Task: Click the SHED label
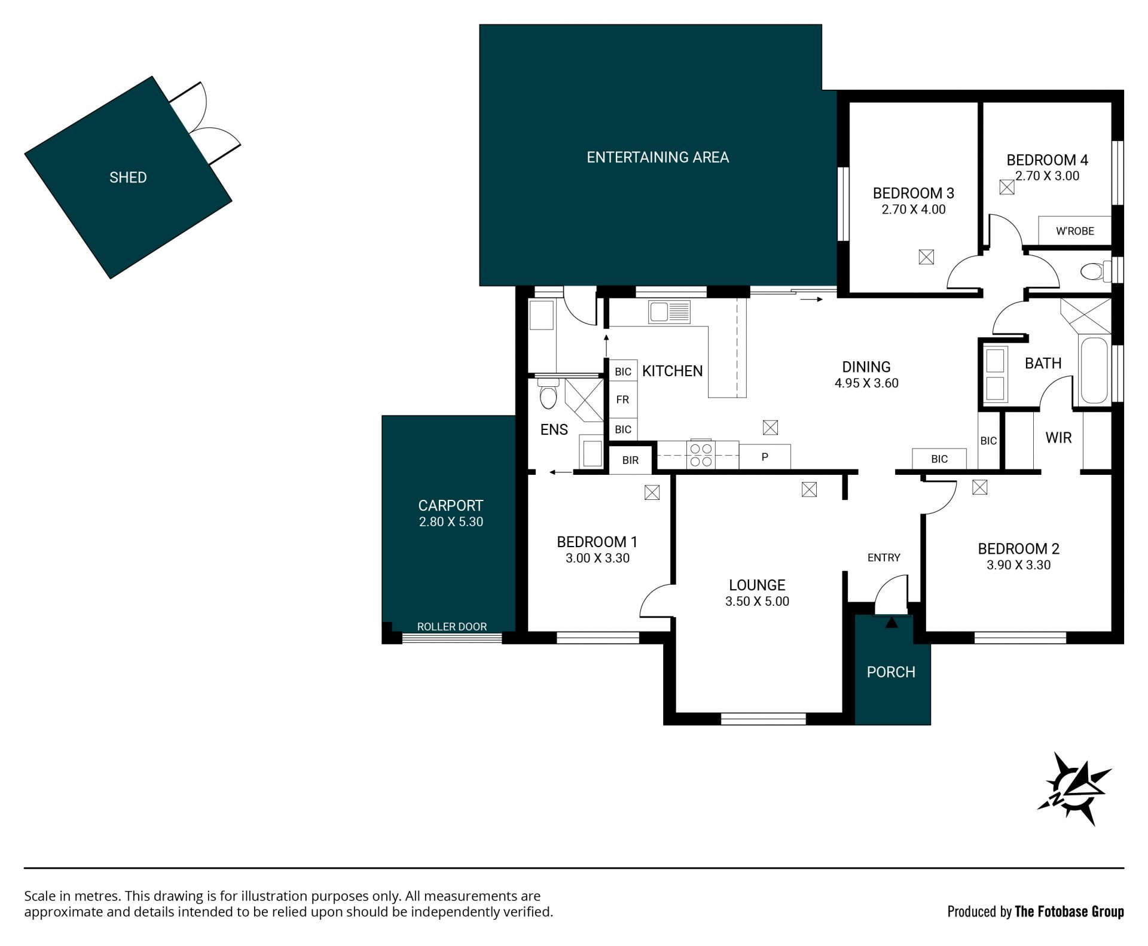128,177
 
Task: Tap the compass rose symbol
1074,789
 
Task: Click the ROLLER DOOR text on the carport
452,627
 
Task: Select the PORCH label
891,672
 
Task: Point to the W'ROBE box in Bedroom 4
1074,231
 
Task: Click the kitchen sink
670,312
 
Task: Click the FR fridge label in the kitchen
622,399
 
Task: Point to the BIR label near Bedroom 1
630,460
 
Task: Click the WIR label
1058,438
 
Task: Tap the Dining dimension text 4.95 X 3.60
866,383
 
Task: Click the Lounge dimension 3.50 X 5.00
757,602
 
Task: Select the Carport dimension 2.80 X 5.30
451,521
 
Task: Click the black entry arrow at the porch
891,622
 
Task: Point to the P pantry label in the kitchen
765,457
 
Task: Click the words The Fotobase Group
1069,912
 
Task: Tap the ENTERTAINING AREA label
658,157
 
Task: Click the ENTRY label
884,557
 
